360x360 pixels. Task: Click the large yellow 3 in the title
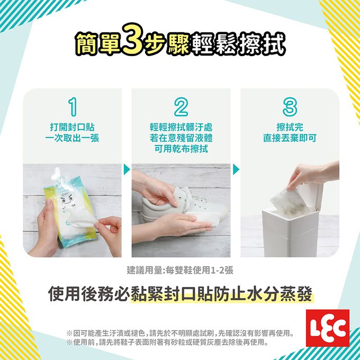coord(133,39)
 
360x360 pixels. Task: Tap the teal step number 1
coord(73,107)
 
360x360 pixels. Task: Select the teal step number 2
coord(181,107)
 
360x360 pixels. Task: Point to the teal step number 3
coord(290,107)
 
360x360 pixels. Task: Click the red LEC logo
coord(328,328)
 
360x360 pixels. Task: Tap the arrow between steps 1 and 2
coord(127,169)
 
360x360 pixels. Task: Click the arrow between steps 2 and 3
coord(236,169)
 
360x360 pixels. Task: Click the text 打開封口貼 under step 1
coord(73,128)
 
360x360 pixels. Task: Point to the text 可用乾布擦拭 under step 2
coord(181,149)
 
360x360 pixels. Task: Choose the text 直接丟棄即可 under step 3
coord(290,138)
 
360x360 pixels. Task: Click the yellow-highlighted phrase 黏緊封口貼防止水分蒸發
coord(221,294)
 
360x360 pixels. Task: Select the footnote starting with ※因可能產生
coord(180,333)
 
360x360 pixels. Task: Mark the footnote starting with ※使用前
coord(167,343)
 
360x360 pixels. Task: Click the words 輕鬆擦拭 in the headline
coord(239,43)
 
